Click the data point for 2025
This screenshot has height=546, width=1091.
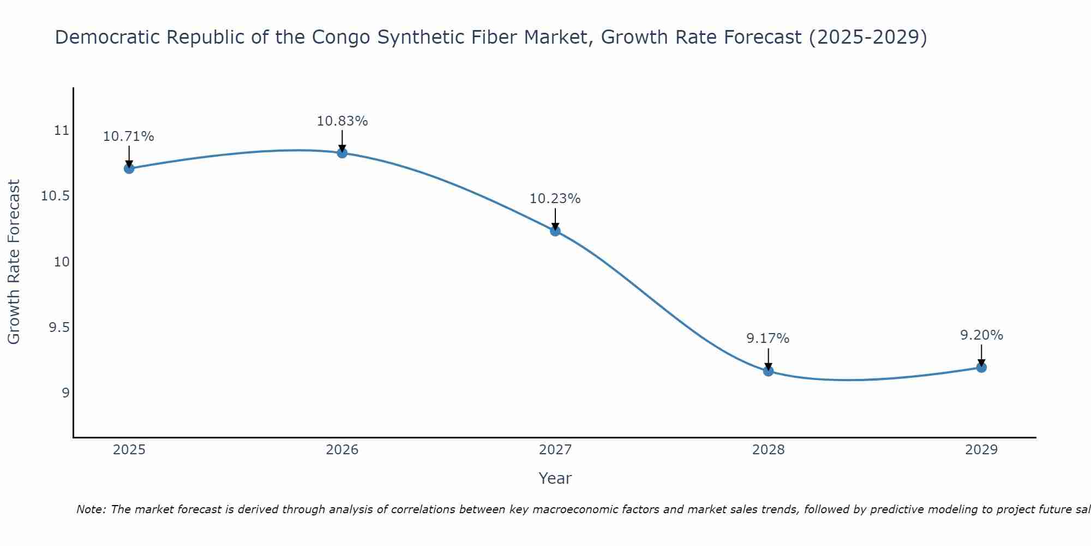tap(129, 168)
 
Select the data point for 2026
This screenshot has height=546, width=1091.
tap(342, 153)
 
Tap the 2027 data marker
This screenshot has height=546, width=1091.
tap(555, 231)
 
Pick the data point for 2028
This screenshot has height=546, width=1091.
tap(768, 371)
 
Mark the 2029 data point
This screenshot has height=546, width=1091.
tap(981, 367)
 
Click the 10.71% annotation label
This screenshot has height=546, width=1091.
tap(129, 136)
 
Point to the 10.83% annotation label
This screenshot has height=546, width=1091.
tap(342, 121)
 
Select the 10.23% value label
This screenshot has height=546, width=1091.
tap(555, 199)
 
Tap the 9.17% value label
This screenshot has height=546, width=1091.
tap(768, 339)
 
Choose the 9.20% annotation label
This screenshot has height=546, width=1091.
tap(981, 335)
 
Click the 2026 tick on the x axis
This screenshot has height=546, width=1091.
tap(342, 450)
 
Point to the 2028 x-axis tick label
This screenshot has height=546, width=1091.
tap(768, 450)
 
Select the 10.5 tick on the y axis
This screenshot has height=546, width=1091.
tap(55, 196)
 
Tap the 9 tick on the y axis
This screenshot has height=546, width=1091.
tap(65, 393)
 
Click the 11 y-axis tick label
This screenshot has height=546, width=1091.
tap(62, 130)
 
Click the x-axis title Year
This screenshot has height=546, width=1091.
tap(555, 478)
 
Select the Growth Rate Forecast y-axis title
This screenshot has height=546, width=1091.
tap(14, 262)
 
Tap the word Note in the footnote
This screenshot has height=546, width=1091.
tap(91, 509)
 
